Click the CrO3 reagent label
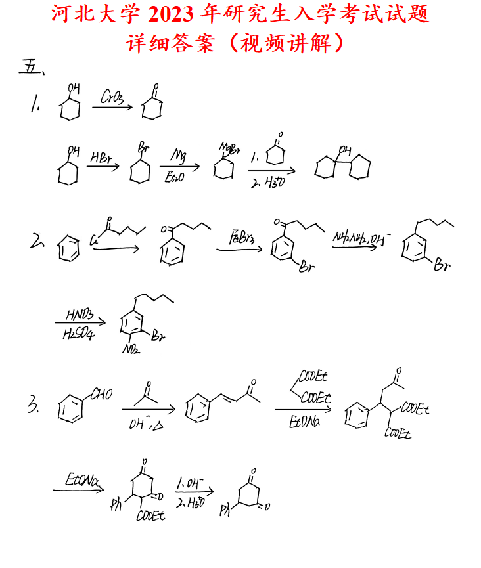coord(112,97)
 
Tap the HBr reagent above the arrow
coord(101,158)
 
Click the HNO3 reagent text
coord(80,315)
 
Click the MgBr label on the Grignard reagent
coord(231,147)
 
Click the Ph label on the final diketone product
coord(226,509)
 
